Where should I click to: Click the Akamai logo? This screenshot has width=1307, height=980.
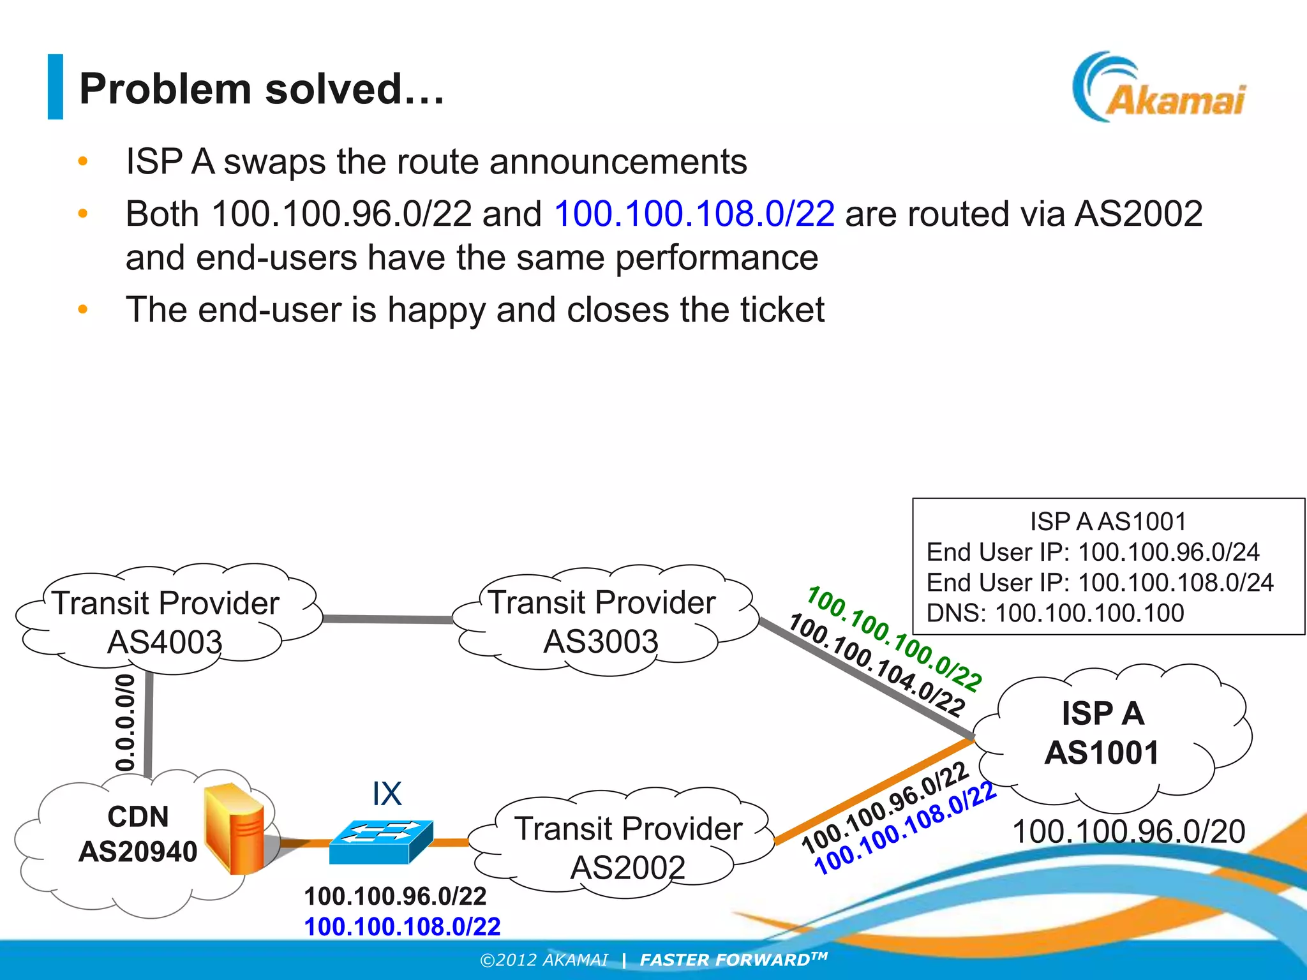coord(1159,89)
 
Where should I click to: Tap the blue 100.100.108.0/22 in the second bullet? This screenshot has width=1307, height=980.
coord(694,213)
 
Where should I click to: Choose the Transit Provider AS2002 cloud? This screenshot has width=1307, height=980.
coord(628,846)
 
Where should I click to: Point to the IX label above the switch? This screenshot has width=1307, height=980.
coord(387,794)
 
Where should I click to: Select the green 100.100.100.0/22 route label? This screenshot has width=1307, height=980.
coord(893,638)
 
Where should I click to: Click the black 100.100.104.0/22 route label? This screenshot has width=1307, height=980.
coord(877,664)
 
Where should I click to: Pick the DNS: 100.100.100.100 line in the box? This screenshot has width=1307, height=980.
coord(1054,613)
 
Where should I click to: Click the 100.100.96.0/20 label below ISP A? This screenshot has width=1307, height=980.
coord(1128,831)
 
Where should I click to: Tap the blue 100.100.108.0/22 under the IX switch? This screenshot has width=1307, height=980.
coord(402,926)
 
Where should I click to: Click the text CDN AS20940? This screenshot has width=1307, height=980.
coord(138,834)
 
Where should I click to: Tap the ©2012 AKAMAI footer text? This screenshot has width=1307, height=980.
coord(544,960)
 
